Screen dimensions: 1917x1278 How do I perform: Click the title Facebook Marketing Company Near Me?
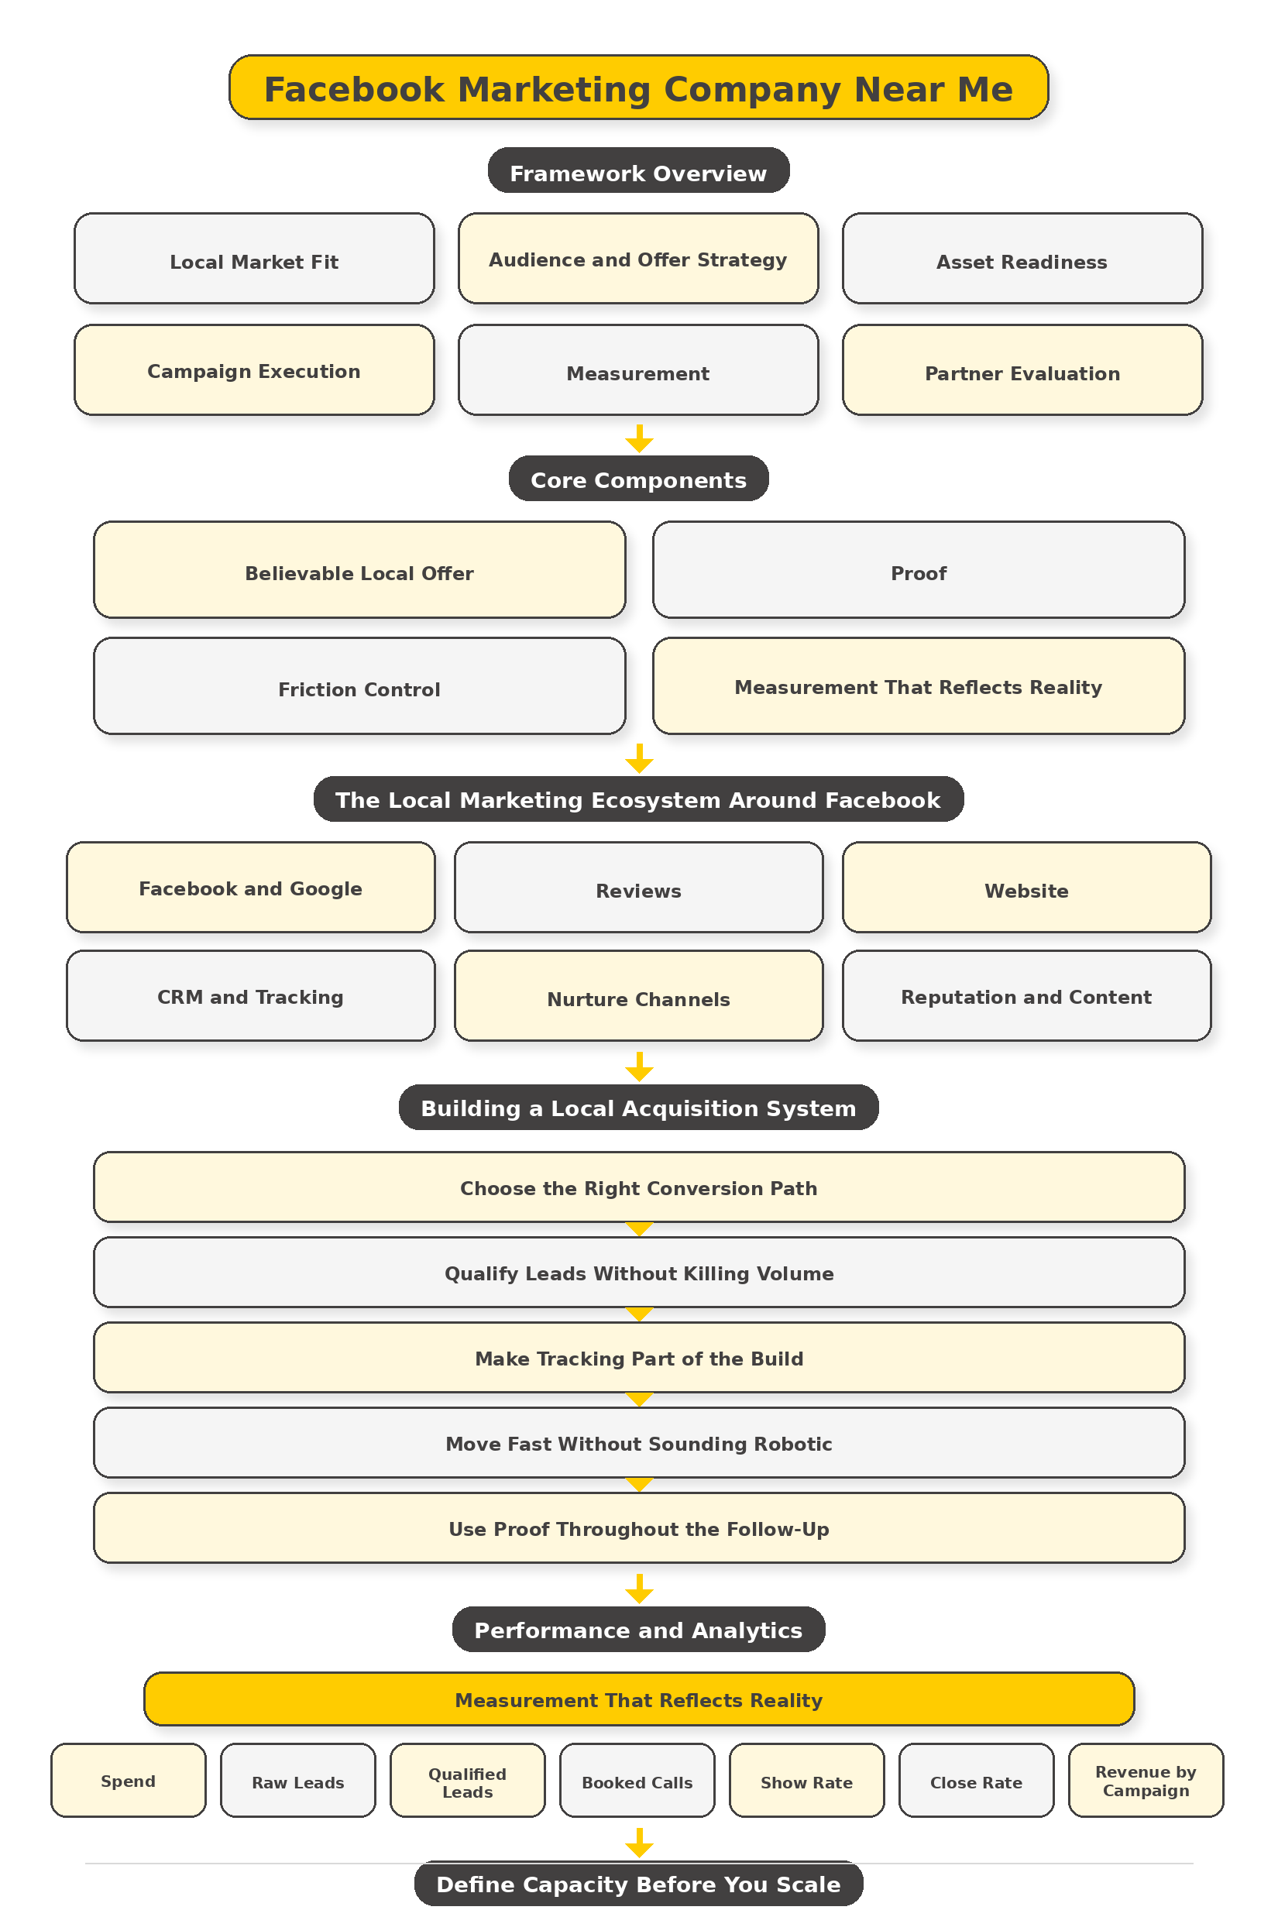[x=638, y=88]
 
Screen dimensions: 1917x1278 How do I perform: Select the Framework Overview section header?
[x=638, y=171]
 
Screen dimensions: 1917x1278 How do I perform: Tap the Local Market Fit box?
[x=253, y=259]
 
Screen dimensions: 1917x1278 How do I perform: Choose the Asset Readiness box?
[x=1022, y=259]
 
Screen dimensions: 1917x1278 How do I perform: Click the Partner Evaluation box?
[x=1022, y=371]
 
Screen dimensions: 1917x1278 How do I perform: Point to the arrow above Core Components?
[x=639, y=438]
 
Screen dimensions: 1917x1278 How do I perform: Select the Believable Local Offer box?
[x=359, y=571]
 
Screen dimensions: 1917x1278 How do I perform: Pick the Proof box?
[x=918, y=571]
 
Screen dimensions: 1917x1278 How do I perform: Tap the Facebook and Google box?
[x=250, y=888]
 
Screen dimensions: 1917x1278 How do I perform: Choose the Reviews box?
[x=638, y=888]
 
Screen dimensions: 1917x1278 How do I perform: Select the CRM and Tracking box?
[x=250, y=996]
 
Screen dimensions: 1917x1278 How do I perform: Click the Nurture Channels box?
[x=638, y=996]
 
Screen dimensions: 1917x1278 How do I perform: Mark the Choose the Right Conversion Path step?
[x=638, y=1187]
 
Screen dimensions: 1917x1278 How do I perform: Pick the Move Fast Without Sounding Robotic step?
[x=638, y=1443]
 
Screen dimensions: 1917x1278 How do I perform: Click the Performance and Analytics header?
[x=638, y=1630]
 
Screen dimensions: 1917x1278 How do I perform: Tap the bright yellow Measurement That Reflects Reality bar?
[x=638, y=1699]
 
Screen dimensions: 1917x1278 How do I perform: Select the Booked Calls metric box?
[x=637, y=1781]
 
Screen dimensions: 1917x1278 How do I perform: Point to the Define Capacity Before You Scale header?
[x=638, y=1884]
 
